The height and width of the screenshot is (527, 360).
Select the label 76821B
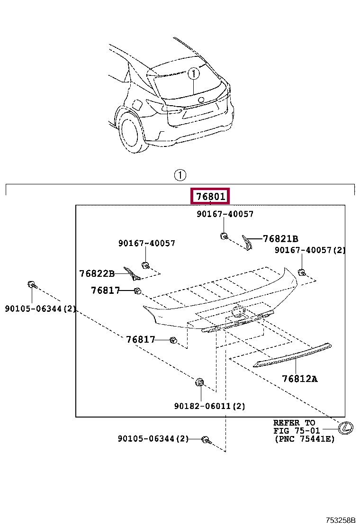point(280,239)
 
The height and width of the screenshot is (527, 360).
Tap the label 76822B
point(97,273)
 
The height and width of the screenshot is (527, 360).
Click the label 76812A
point(299,379)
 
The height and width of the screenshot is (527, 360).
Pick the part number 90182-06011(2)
point(209,406)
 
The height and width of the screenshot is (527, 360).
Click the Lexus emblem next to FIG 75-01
point(346,427)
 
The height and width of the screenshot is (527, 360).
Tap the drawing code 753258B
point(340,520)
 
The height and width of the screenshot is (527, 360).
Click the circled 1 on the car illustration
point(193,74)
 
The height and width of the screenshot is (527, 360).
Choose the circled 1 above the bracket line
point(180,175)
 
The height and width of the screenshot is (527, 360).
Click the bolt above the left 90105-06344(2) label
point(31,285)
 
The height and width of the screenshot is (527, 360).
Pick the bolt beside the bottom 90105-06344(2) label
point(205,440)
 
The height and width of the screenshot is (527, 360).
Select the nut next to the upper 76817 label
point(138,291)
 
